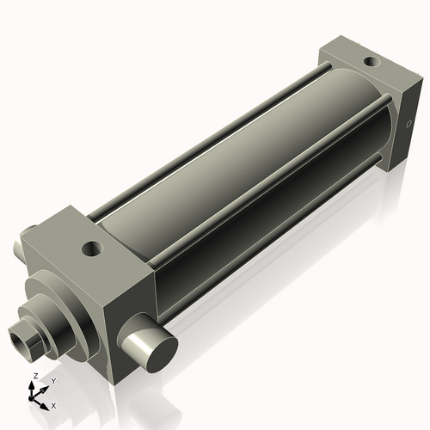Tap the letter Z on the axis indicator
click(34, 377)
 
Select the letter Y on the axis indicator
click(52, 381)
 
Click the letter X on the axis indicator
click(53, 404)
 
